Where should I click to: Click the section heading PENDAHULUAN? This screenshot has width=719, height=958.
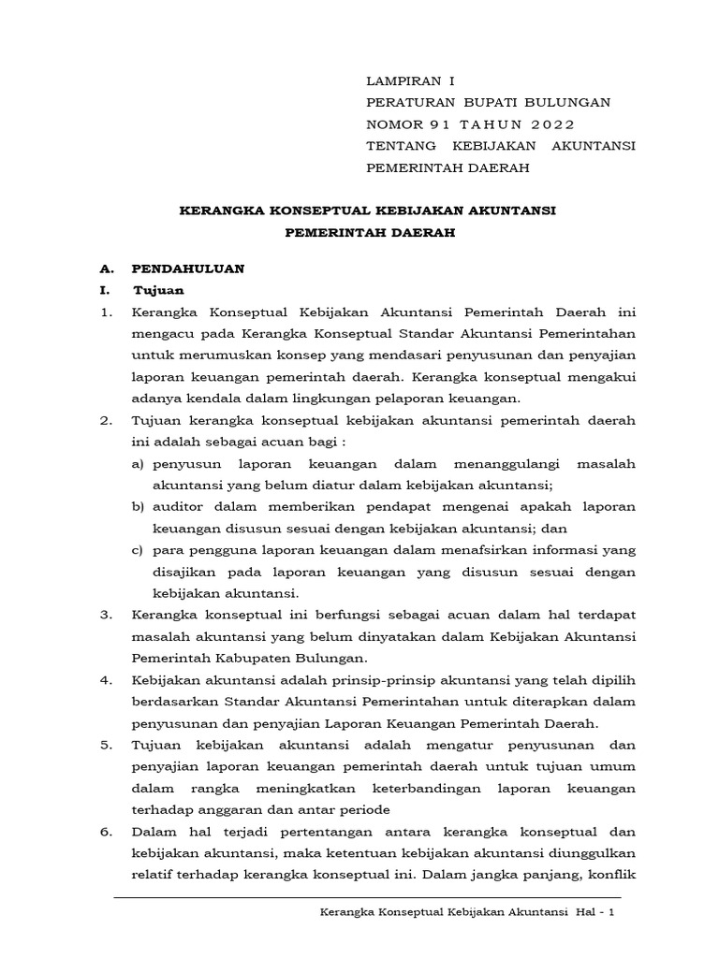188,269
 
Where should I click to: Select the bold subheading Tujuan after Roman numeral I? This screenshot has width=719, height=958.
158,290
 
